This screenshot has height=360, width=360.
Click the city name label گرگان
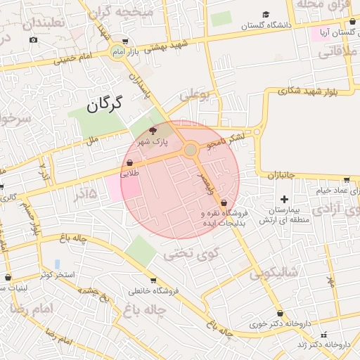(x=105, y=105)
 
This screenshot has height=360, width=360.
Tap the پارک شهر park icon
(x=154, y=131)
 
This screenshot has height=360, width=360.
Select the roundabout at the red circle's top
(x=191, y=150)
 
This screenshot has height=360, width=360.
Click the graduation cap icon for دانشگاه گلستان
(x=266, y=15)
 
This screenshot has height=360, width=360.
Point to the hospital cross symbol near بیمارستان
(x=284, y=200)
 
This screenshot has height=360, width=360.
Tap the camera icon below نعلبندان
(x=33, y=39)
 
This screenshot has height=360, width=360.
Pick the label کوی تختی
(x=191, y=253)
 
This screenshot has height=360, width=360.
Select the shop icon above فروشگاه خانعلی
(x=153, y=279)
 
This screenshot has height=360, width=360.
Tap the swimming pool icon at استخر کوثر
(x=57, y=264)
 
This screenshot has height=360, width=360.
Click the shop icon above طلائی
(x=130, y=163)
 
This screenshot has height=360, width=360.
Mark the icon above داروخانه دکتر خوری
(x=280, y=314)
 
